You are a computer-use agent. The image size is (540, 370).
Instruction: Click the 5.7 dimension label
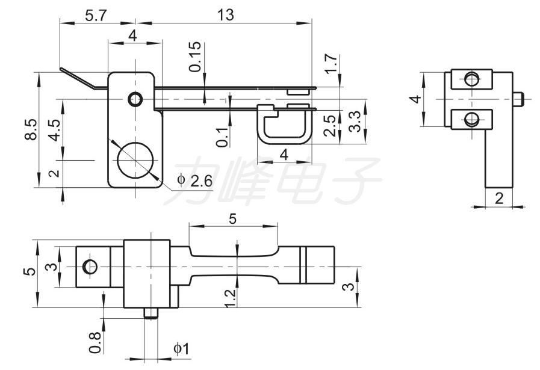tap(96, 16)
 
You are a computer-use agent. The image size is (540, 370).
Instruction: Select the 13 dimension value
tap(226, 15)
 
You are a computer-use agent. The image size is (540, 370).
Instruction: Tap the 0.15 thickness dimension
tap(195, 57)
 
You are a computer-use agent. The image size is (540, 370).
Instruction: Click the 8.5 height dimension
tap(31, 129)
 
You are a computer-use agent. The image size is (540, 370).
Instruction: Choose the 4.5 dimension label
tap(55, 129)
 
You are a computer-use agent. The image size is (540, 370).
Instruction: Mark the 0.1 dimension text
tap(223, 137)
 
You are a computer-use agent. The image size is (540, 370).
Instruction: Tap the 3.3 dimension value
tap(355, 122)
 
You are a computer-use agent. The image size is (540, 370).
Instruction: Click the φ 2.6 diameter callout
tap(194, 180)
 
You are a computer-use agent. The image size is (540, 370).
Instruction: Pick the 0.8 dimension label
tap(95, 342)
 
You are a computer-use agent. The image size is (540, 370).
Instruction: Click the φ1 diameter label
tap(181, 349)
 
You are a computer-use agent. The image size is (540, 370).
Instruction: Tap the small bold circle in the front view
tap(135, 99)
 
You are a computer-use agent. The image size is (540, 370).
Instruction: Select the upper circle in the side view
tap(471, 79)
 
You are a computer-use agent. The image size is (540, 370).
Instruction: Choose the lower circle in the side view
tap(471, 120)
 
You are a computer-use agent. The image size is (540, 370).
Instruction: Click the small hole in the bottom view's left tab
tap(90, 267)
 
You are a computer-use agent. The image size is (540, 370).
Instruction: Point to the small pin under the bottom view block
tap(151, 313)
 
